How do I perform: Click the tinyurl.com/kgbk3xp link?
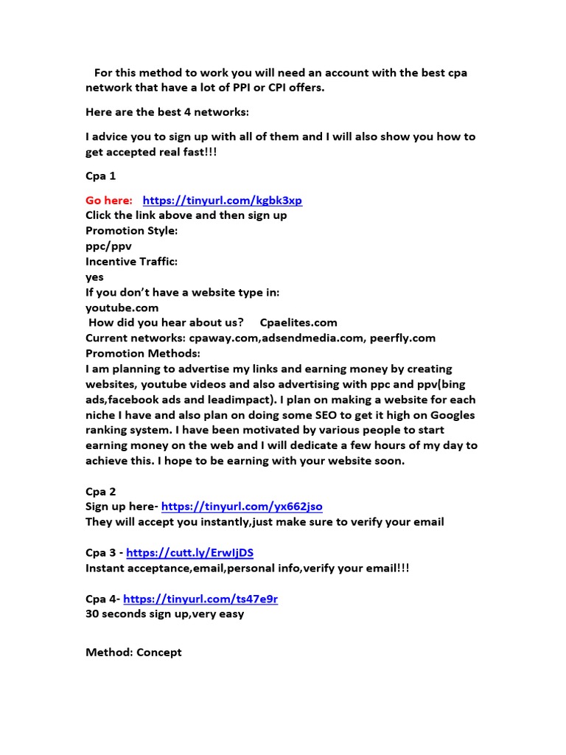coord(222,201)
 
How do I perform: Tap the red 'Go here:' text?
coord(109,201)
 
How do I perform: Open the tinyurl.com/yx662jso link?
coord(242,507)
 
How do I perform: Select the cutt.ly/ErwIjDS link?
coord(190,552)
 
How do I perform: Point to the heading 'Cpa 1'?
coord(101,176)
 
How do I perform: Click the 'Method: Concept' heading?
coord(133,653)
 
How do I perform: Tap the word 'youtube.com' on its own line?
coord(122,307)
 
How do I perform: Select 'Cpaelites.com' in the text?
coord(298,323)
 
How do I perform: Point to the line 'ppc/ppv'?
coord(108,246)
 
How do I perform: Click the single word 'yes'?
coord(94,277)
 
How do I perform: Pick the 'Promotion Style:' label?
coord(131,231)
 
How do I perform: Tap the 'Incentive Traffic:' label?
coord(131,262)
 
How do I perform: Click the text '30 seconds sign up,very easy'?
coord(164,613)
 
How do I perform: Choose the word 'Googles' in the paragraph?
coord(448,415)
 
